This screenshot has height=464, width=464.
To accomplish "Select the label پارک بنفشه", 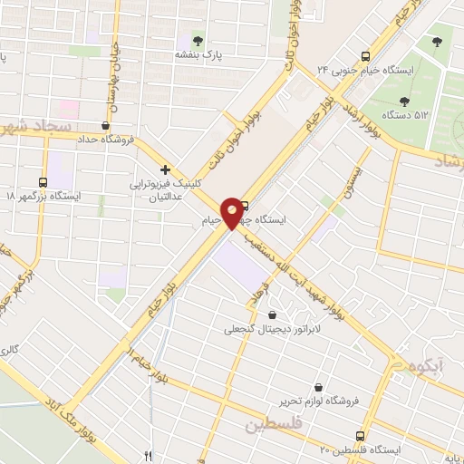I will [199, 56].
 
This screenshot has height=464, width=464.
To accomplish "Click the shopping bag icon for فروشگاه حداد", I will [108, 125].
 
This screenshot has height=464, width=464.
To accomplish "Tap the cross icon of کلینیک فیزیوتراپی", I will [165, 169].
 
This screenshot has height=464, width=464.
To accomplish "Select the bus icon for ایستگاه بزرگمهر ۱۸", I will [44, 180].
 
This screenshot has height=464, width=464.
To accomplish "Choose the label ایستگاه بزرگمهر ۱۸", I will [43, 196].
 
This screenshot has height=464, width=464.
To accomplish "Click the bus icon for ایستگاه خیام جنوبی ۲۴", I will [364, 54].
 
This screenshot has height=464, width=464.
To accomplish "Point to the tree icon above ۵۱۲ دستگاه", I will [437, 42].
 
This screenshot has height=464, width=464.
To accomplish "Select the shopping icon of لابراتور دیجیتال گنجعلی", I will [272, 314].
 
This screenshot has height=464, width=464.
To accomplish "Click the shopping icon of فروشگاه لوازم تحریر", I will [318, 386].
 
